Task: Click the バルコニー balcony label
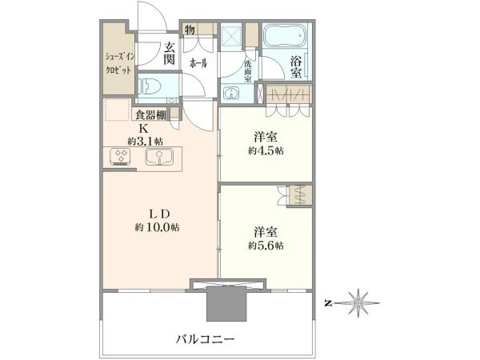(x=206, y=339)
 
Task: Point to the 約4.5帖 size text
(x=265, y=151)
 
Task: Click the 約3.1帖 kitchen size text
(x=142, y=141)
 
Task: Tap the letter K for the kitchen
(x=144, y=128)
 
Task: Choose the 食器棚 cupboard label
(x=150, y=115)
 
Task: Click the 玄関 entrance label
(x=169, y=54)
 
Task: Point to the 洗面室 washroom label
(x=248, y=72)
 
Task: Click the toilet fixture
(x=151, y=86)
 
